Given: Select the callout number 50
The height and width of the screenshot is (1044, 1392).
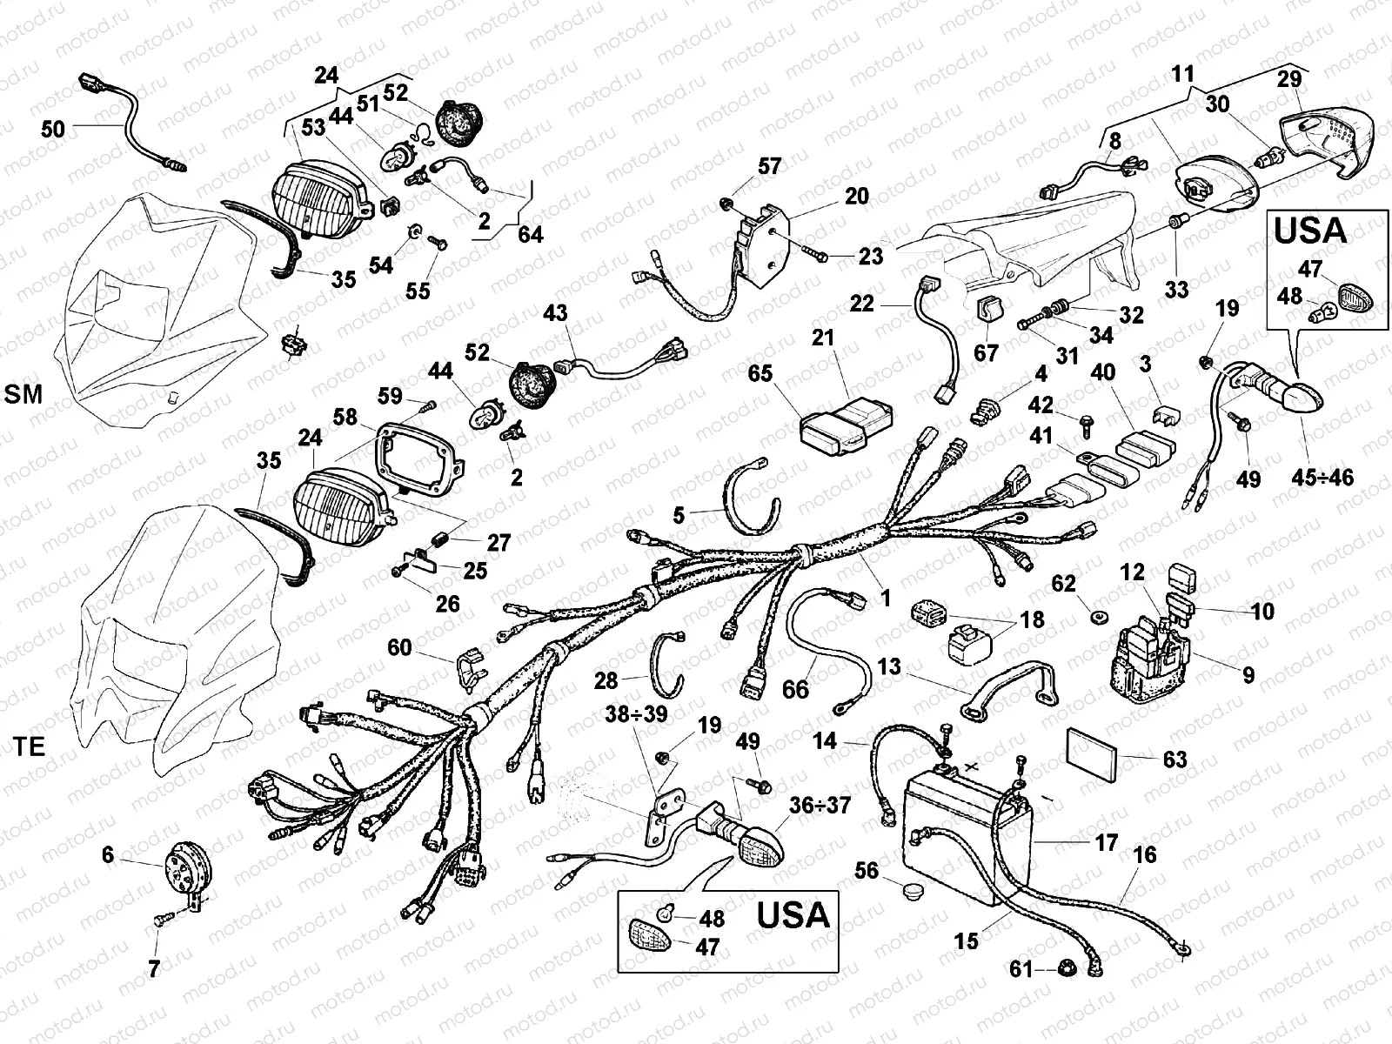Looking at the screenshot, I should pyautogui.click(x=53, y=130).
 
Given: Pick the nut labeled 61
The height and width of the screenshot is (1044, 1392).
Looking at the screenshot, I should pyautogui.click(x=1067, y=967).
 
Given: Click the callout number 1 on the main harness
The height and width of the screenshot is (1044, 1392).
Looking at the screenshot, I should pyautogui.click(x=886, y=598).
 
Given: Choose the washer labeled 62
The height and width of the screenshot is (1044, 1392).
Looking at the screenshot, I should pyautogui.click(x=1097, y=617).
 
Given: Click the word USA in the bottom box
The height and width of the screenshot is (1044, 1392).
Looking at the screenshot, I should pyautogui.click(x=793, y=915).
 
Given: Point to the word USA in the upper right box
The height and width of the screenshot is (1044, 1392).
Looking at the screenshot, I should pyautogui.click(x=1310, y=231).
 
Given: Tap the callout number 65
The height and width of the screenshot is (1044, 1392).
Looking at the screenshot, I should pyautogui.click(x=760, y=373).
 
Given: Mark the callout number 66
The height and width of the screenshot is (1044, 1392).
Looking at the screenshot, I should pyautogui.click(x=795, y=689).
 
